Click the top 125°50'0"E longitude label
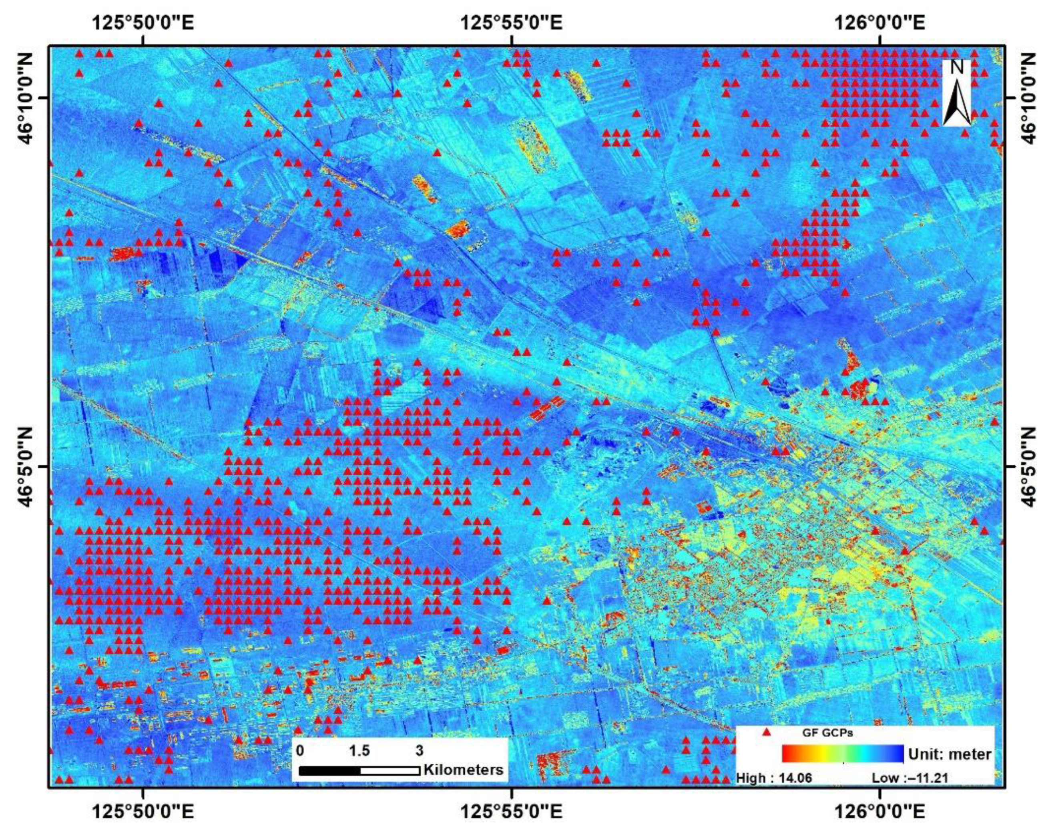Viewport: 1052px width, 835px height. pos(143,23)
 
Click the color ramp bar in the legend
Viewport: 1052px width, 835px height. pos(843,768)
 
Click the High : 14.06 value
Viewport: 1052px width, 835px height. pos(774,791)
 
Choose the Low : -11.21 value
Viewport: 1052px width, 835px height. pos(909,791)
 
